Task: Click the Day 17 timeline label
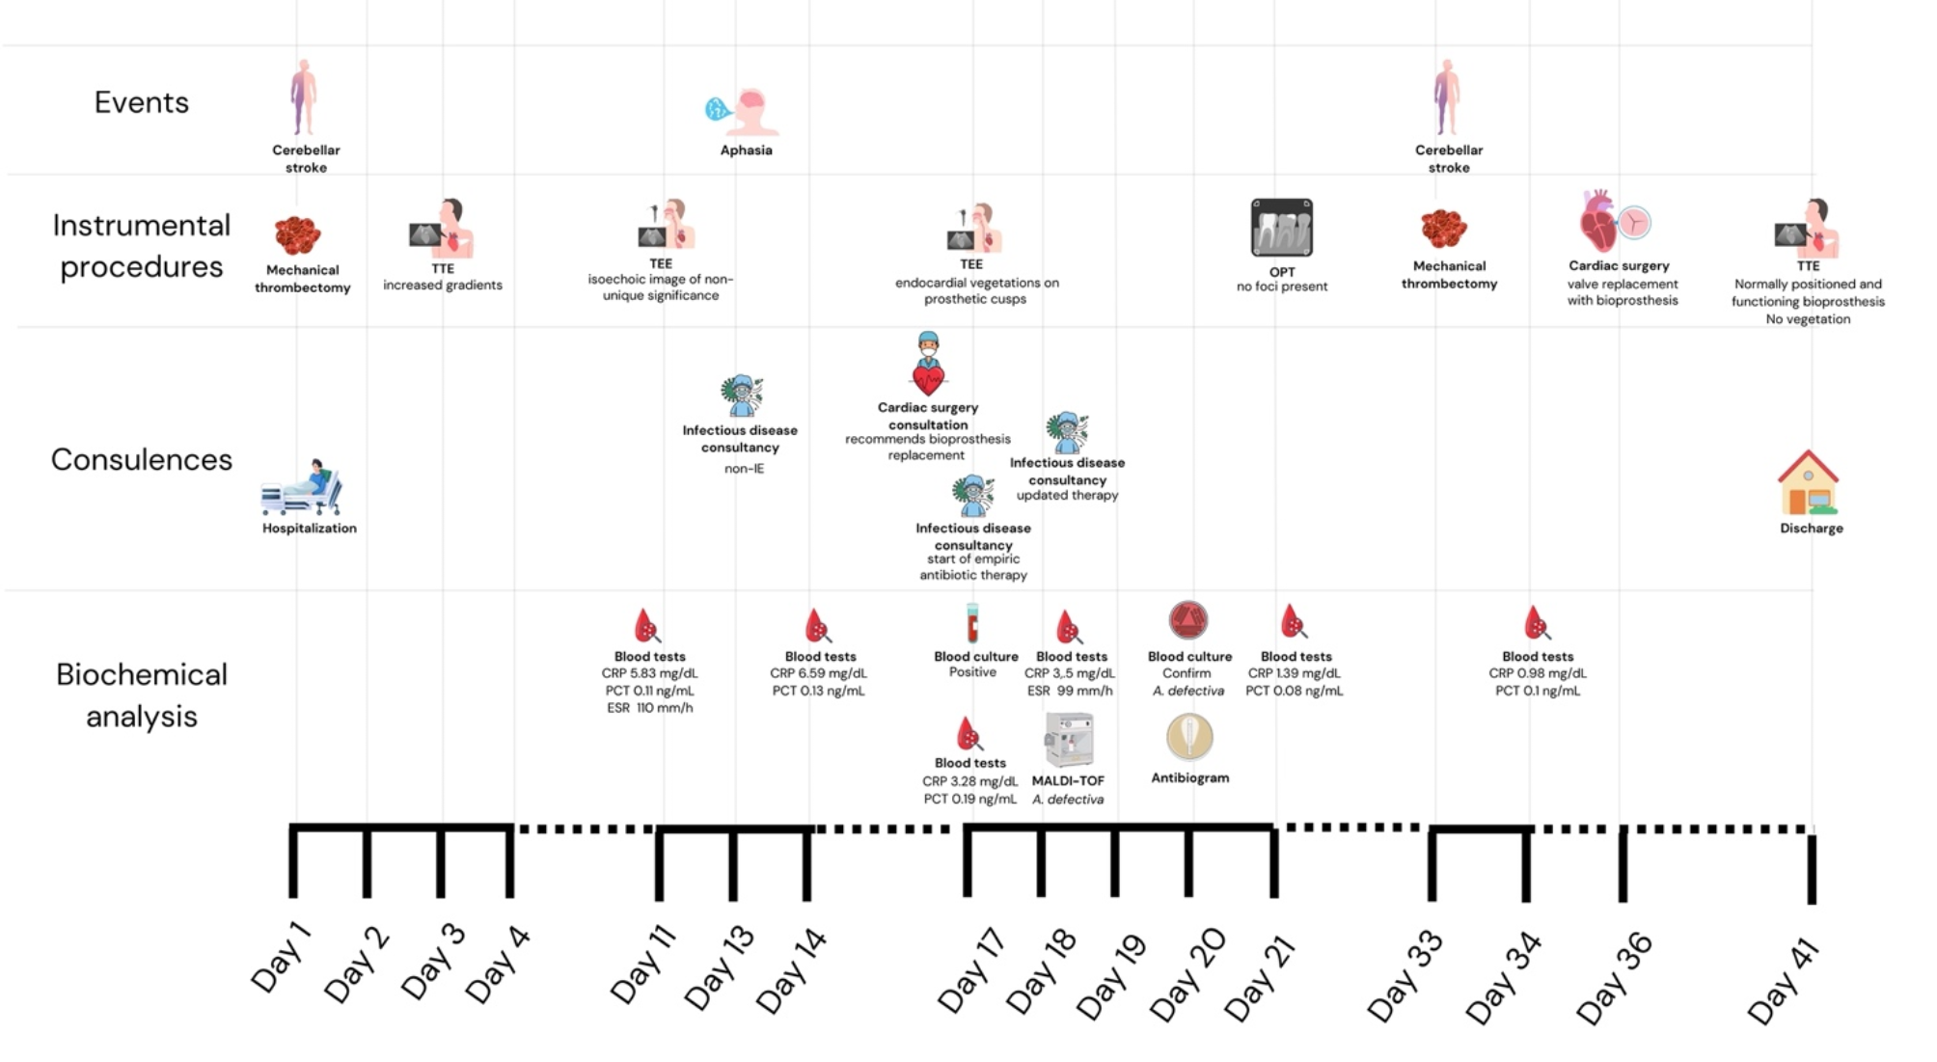coord(970,970)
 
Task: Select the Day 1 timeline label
coord(281,957)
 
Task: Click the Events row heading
coord(141,102)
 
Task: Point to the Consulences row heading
coord(141,459)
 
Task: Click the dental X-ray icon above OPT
coord(1281,228)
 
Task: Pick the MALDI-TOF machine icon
coord(1069,740)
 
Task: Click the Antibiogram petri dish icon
coord(1189,738)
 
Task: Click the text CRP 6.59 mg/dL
coord(818,673)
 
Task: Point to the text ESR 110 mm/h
coord(649,708)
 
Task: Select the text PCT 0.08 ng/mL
coord(1294,691)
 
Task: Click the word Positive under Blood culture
coord(972,672)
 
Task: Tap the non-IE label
coord(744,469)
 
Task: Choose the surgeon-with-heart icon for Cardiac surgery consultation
coord(928,365)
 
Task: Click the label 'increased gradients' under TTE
coord(443,286)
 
